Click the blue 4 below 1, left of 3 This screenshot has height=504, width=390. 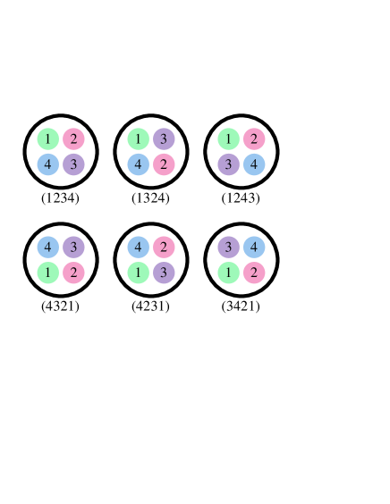(x=47, y=165)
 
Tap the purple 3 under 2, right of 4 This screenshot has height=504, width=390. (x=73, y=165)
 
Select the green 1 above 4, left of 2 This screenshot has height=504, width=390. (x=47, y=139)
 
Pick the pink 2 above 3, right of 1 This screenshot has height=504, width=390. (x=73, y=139)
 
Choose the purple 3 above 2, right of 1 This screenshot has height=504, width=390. (x=164, y=139)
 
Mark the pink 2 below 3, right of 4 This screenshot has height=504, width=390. (x=164, y=165)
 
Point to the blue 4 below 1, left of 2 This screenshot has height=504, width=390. (x=138, y=165)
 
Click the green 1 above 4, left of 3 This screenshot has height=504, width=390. (x=138, y=139)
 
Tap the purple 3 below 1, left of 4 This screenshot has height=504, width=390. (x=228, y=165)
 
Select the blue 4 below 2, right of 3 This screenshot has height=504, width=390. (x=254, y=165)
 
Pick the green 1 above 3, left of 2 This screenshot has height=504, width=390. (x=228, y=139)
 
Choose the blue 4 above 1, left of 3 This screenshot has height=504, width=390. (x=47, y=248)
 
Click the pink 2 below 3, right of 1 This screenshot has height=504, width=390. (x=73, y=273)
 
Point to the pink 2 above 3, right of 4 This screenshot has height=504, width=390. (x=164, y=248)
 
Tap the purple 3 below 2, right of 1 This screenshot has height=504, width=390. (x=164, y=273)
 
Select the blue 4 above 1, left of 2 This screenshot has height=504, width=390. (x=138, y=248)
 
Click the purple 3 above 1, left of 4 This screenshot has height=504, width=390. (x=228, y=248)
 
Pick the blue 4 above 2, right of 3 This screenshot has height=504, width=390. (x=254, y=248)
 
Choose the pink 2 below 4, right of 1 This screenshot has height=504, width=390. (x=254, y=273)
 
